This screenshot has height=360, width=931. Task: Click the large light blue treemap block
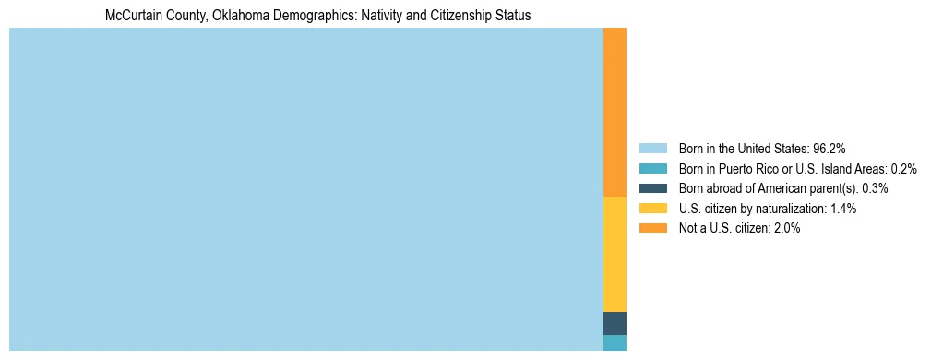click(305, 189)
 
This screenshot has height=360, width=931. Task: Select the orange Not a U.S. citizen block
click(615, 112)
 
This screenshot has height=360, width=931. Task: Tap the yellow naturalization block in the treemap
click(615, 254)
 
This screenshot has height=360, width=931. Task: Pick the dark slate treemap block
click(615, 323)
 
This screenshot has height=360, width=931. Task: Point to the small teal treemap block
click(615, 342)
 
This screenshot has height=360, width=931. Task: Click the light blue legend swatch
click(652, 149)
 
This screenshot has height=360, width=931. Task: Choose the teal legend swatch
click(652, 169)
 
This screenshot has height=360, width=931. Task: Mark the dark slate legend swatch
click(652, 188)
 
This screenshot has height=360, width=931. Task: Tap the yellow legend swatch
click(652, 209)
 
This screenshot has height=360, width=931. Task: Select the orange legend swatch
click(652, 228)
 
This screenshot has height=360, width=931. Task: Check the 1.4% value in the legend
click(843, 209)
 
